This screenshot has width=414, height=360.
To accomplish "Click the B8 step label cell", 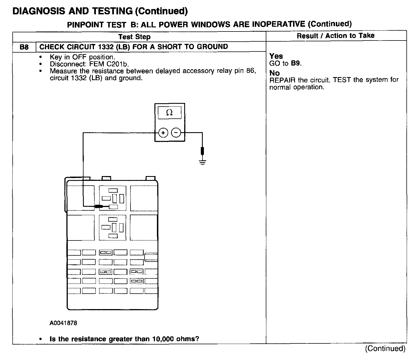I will tap(24, 47).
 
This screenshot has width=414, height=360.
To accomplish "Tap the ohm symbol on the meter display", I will tap(169, 113).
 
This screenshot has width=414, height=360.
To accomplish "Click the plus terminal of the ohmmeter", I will tap(163, 132).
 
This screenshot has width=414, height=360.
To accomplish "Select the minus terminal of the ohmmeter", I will tap(176, 132).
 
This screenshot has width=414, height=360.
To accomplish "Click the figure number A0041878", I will tap(63, 323).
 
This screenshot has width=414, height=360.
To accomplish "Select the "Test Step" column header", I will tap(134, 37).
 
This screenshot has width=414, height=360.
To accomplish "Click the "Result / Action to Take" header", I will tap(336, 36).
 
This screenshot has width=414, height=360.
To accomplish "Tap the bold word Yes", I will tap(276, 56).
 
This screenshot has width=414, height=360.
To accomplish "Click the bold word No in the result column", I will tap(274, 73).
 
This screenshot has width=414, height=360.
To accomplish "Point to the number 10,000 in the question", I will tap(163, 339).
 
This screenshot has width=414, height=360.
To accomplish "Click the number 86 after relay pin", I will tap(250, 71).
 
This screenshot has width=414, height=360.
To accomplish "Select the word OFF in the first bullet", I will tap(79, 57).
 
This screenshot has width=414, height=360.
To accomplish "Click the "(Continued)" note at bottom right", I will tap(385, 349).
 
